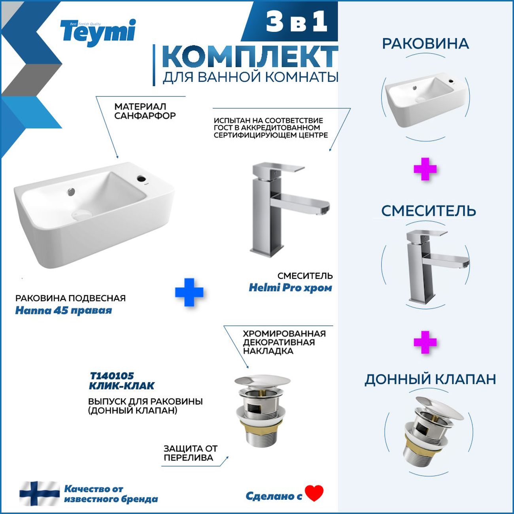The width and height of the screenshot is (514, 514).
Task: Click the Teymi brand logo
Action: click(x=98, y=33)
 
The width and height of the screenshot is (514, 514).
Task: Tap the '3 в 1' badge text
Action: click(x=297, y=23)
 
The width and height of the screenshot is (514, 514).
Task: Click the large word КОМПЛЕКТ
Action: click(x=250, y=57)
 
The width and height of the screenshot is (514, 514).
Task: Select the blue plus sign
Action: click(x=189, y=292)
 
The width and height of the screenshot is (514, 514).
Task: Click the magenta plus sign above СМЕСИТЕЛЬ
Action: click(x=425, y=169)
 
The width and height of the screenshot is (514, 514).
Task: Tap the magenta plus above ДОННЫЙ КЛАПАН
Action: click(x=425, y=342)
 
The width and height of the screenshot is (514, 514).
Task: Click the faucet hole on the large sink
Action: click(x=141, y=177)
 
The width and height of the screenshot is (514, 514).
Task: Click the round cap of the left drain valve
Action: click(x=262, y=382)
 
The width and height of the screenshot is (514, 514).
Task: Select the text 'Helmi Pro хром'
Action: click(x=290, y=288)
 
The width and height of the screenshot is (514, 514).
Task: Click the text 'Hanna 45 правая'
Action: click(x=64, y=310)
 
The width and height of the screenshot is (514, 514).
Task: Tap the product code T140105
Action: click(x=112, y=376)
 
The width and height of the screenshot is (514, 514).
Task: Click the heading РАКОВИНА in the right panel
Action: click(x=425, y=44)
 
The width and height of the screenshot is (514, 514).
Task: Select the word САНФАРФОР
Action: click(x=145, y=116)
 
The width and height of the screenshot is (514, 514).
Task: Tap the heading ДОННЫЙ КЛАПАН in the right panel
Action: click(x=430, y=380)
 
